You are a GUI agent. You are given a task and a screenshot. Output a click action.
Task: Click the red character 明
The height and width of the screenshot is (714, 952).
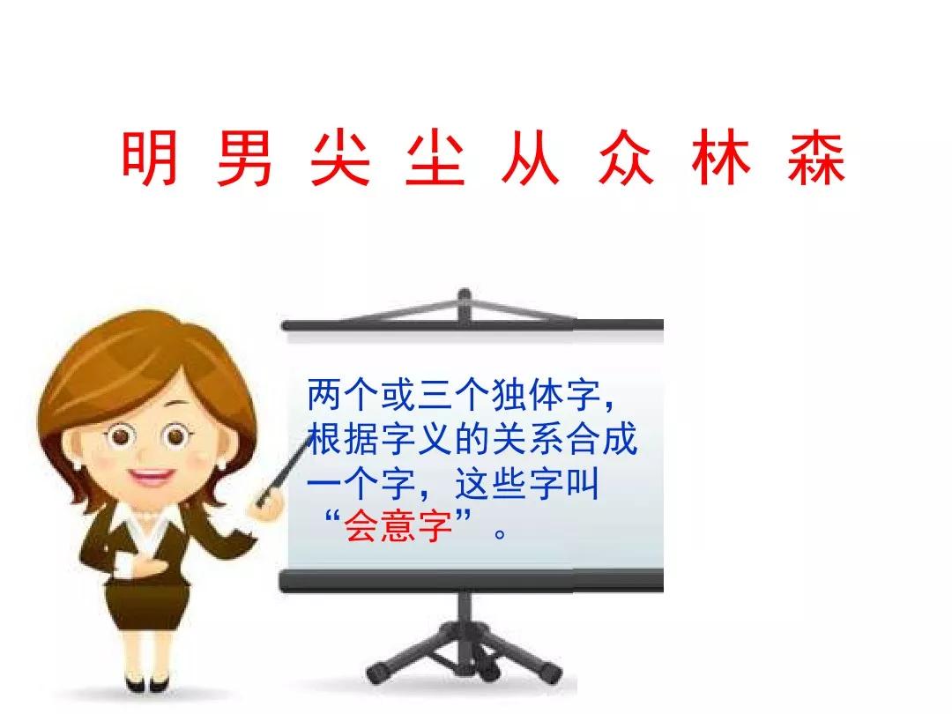coord(149,160)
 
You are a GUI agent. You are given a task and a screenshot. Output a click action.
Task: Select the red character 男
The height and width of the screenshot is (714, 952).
coord(243,160)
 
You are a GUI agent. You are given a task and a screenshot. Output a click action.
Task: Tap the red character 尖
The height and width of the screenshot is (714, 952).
coord(339,160)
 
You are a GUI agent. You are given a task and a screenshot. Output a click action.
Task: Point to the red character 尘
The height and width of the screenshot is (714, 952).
coord(435,160)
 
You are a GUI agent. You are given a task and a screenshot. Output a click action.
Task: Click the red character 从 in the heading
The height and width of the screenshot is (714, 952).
coord(530,160)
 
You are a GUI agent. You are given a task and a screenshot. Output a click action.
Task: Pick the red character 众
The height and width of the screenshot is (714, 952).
coord(625,160)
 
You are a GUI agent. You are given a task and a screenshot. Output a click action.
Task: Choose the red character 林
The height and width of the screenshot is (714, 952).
coord(721,160)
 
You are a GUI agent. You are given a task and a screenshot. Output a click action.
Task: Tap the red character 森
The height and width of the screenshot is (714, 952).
coord(816,160)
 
